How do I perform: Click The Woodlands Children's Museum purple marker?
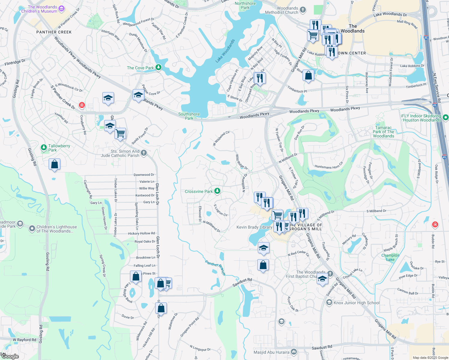click(x=62, y=9)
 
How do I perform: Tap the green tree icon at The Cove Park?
click(x=158, y=67)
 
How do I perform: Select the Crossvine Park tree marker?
click(x=217, y=191)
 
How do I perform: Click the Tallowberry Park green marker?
click(x=44, y=148)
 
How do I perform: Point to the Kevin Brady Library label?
click(x=254, y=227)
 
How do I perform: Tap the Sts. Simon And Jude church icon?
click(x=144, y=153)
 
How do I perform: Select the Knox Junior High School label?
click(x=356, y=303)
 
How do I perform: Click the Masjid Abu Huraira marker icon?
click(x=294, y=352)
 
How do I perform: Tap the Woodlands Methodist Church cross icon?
click(x=303, y=10)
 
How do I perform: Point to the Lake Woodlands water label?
click(x=225, y=51)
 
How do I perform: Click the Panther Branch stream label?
click(x=215, y=267)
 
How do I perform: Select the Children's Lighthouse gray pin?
click(x=32, y=229)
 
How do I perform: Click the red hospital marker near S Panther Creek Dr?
click(x=82, y=105)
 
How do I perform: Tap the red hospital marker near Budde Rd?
click(x=435, y=224)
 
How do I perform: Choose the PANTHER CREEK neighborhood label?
click(x=54, y=32)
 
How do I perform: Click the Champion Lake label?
click(x=390, y=257)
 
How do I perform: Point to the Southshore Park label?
click(x=189, y=116)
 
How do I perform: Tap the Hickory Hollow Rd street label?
click(x=141, y=233)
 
